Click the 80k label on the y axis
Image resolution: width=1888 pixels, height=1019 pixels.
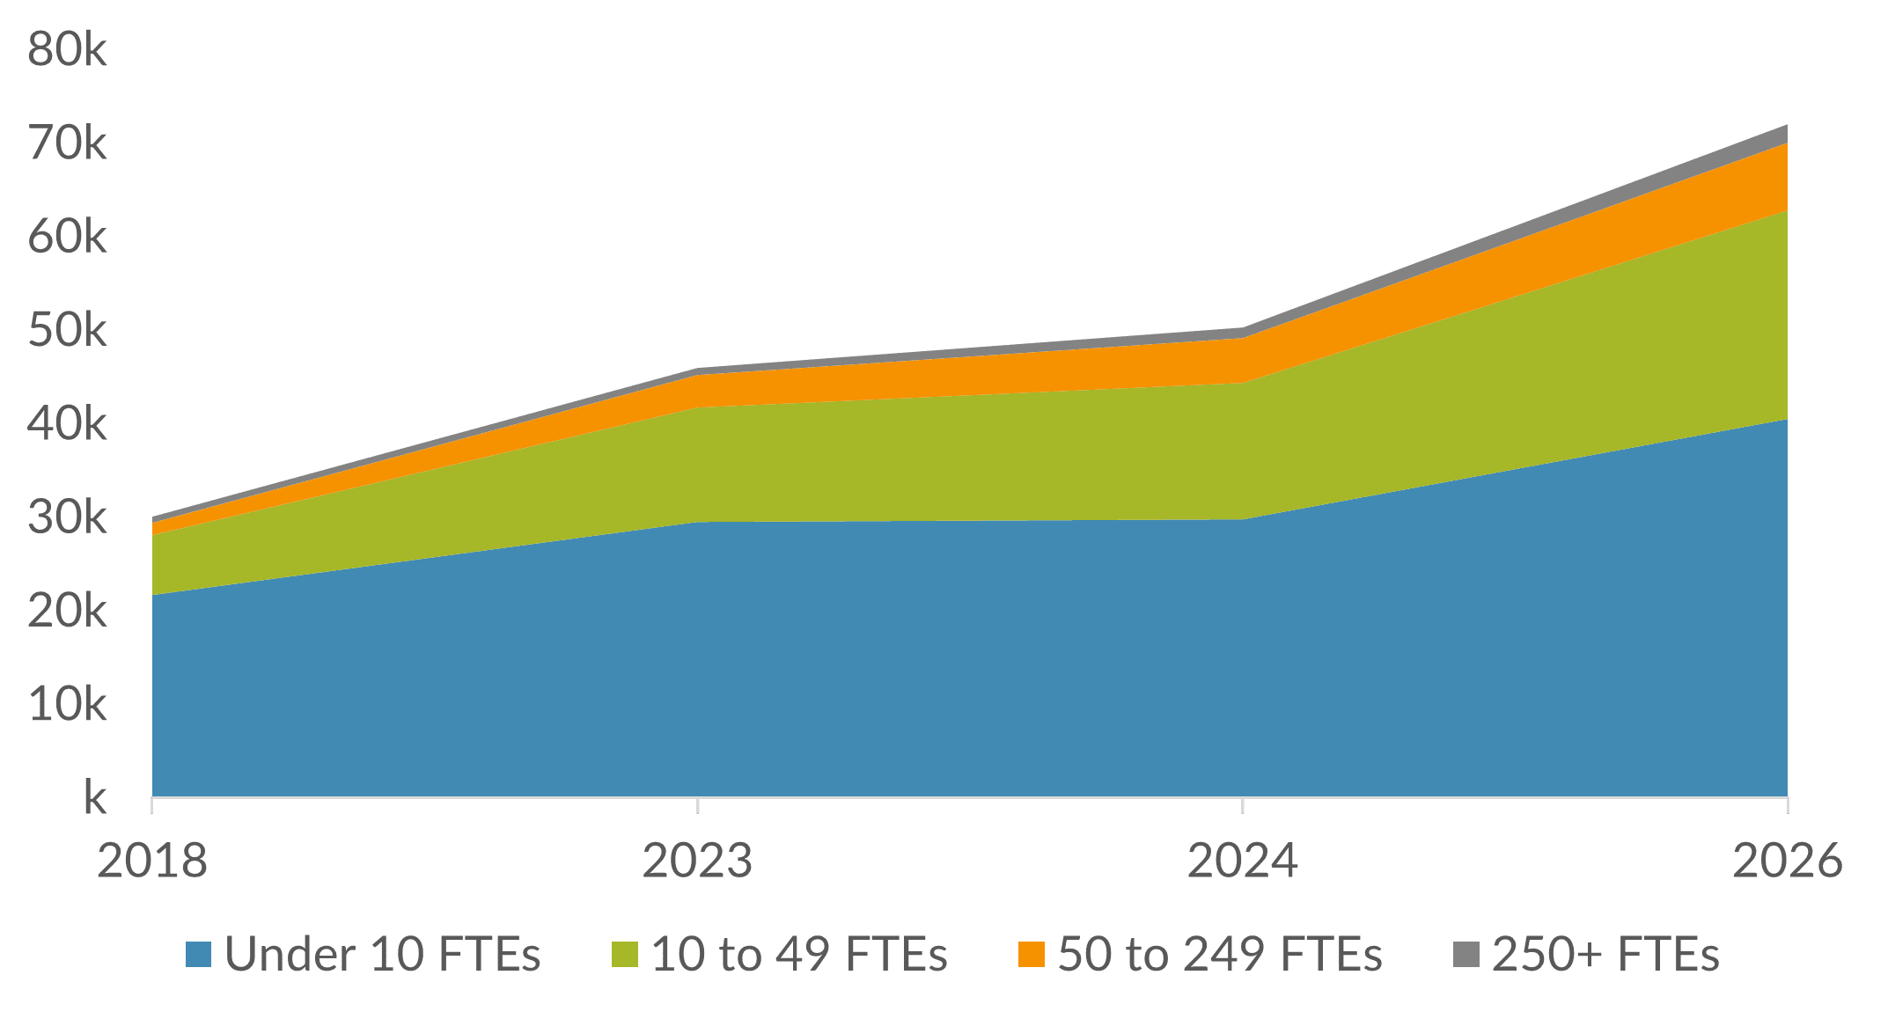pos(68,49)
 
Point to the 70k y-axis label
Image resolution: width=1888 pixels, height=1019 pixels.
pos(68,143)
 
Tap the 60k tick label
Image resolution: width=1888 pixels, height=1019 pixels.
pos(68,237)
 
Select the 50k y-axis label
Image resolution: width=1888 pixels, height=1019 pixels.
pos(68,331)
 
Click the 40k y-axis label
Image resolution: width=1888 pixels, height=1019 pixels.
pos(68,424)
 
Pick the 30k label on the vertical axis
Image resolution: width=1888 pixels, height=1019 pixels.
pos(68,517)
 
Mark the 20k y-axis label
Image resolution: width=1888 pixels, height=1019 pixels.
pos(68,611)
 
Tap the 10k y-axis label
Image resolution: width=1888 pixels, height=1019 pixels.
pos(68,704)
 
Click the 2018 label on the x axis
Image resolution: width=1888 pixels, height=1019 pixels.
pos(152,860)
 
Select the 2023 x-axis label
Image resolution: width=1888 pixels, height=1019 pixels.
pos(697,860)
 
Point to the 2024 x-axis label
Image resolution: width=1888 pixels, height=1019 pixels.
pos(1242,860)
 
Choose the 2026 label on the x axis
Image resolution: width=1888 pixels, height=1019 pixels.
pos(1787,860)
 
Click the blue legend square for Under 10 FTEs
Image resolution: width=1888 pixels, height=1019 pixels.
pos(199,955)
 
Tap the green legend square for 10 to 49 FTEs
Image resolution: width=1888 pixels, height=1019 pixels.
pos(625,955)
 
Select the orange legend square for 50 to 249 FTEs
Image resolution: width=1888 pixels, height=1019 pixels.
pos(1032,955)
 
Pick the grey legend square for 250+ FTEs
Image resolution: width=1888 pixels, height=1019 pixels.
pos(1466,955)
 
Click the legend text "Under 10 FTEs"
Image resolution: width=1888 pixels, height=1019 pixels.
pos(382,955)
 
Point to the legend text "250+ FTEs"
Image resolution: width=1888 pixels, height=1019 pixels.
pos(1605,955)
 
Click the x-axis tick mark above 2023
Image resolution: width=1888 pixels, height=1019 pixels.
pos(697,805)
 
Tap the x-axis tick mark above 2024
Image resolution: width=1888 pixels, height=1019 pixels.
pos(1242,805)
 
